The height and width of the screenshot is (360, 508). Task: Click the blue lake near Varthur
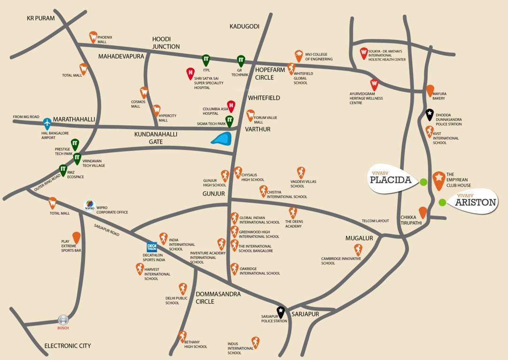pyautogui.click(x=221, y=138)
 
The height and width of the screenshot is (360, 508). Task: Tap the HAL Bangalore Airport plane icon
pyautogui.click(x=47, y=123)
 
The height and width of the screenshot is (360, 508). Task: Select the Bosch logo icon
pyautogui.click(x=63, y=320)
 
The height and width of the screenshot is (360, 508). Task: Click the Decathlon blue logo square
pyautogui.click(x=152, y=247)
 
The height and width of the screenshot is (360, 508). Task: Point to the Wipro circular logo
pyautogui.click(x=89, y=205)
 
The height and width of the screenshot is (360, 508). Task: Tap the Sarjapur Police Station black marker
pyautogui.click(x=281, y=312)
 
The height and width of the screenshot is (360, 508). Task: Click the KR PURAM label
pyautogui.click(x=41, y=18)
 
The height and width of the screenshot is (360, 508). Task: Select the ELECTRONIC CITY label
pyautogui.click(x=68, y=346)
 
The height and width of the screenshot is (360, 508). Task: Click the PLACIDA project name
pyautogui.click(x=390, y=180)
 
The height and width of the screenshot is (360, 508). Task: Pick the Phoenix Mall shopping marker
pyautogui.click(x=93, y=37)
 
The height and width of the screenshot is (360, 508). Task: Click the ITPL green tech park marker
pyautogui.click(x=205, y=60)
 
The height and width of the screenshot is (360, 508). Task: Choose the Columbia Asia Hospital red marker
pyautogui.click(x=231, y=105)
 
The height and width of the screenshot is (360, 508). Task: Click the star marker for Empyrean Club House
pyautogui.click(x=438, y=179)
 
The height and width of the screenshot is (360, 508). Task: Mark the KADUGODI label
pyautogui.click(x=244, y=26)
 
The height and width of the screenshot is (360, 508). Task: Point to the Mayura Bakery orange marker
pyautogui.click(x=430, y=90)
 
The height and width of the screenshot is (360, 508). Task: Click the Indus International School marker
pyautogui.click(x=255, y=342)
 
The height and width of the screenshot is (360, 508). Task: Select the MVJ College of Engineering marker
pyautogui.click(x=299, y=55)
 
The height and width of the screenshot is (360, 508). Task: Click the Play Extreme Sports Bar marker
pyautogui.click(x=76, y=237)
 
